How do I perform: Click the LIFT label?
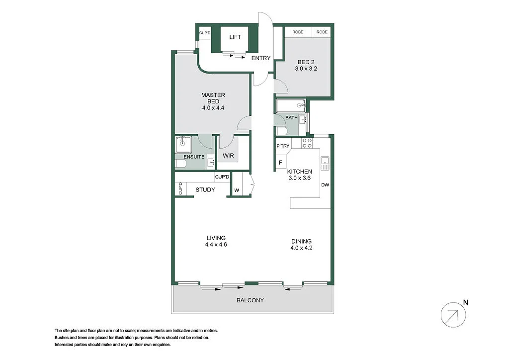235,37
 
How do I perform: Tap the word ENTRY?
260,58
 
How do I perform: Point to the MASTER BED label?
213,98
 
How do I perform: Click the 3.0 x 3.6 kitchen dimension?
299,178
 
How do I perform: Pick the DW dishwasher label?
326,185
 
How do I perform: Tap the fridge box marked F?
280,163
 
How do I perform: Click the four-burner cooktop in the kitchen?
307,143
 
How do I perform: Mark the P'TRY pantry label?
283,146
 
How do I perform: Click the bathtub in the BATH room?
290,105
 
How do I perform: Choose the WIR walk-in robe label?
228,156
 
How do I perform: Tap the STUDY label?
205,189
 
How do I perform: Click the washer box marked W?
236,190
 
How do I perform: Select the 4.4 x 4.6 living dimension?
216,244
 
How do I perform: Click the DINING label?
302,241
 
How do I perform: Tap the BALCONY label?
250,300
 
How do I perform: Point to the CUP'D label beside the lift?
205,33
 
